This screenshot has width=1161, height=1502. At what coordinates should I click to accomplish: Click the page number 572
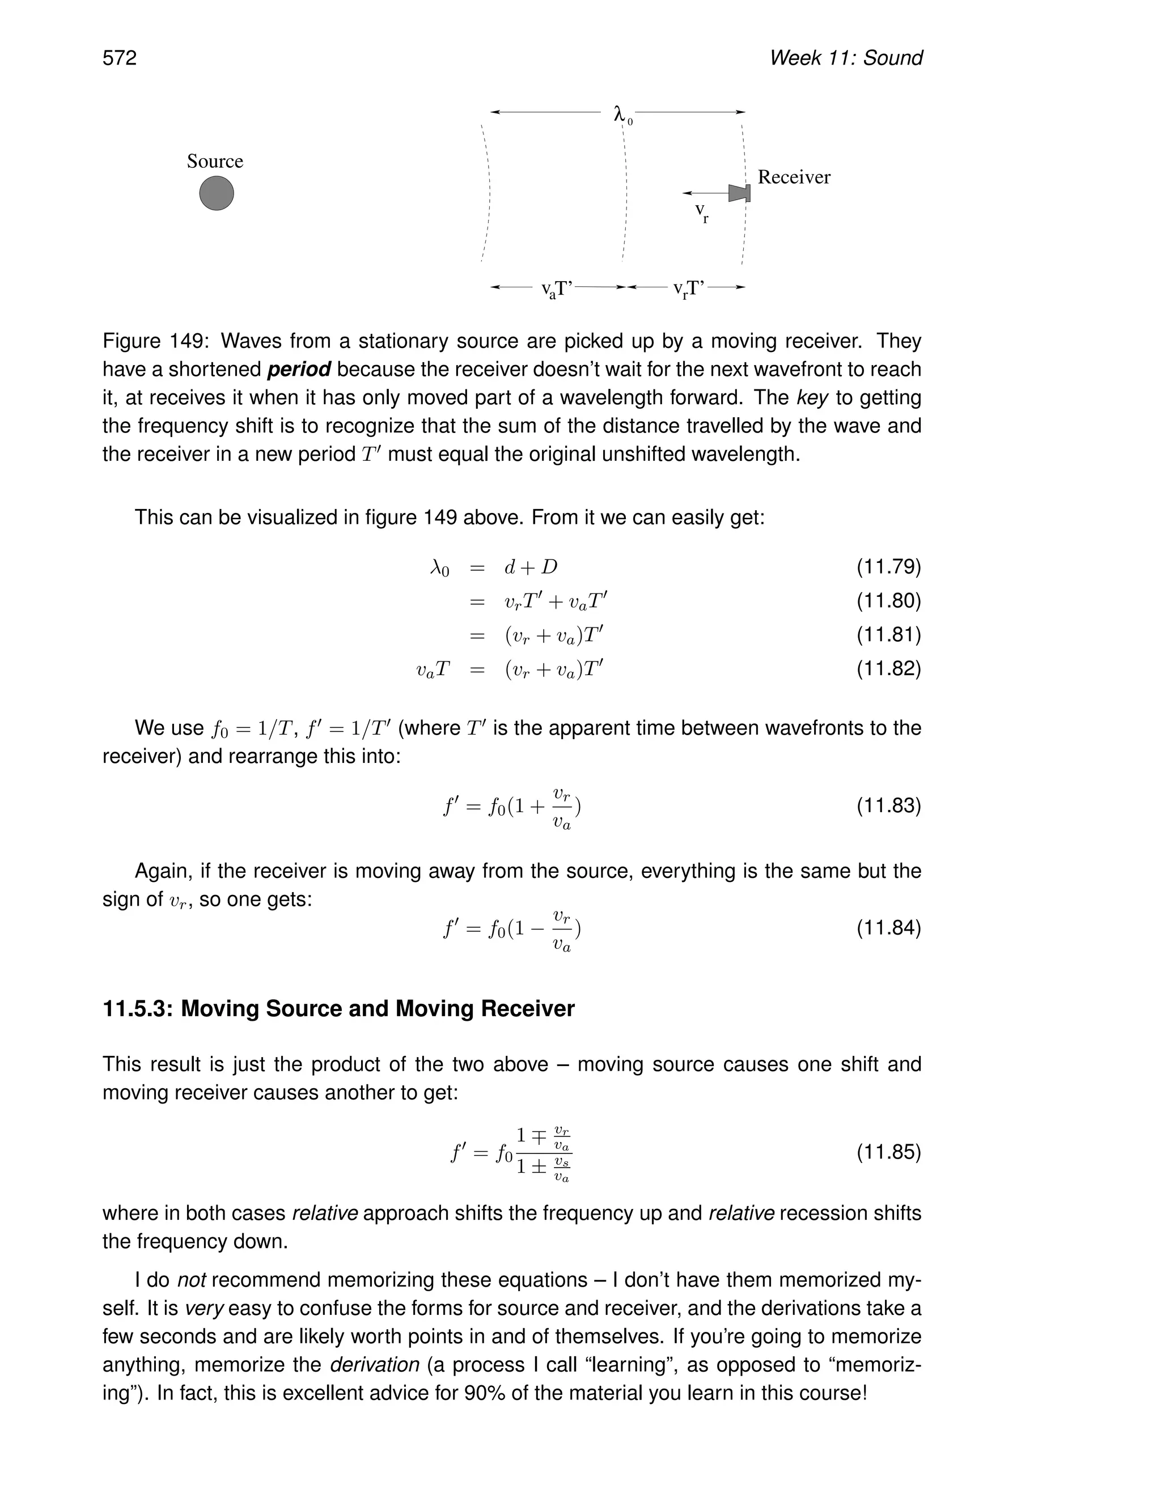point(120,58)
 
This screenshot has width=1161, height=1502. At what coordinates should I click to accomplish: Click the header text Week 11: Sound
point(845,58)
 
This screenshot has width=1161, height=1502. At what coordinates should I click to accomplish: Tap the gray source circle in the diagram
point(217,193)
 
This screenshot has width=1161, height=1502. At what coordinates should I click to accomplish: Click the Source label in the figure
point(215,162)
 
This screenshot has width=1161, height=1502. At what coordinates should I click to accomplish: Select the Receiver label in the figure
point(794,177)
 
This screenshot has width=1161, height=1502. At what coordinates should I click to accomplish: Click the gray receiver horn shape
point(739,193)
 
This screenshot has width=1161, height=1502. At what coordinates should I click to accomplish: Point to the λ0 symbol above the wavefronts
point(622,114)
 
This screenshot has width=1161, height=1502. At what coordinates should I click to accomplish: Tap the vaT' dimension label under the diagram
point(557,290)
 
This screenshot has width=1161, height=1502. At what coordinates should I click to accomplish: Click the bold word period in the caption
point(299,370)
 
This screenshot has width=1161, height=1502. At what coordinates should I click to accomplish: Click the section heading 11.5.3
point(338,1009)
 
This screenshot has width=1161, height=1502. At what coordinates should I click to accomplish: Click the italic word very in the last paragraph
point(204,1309)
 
